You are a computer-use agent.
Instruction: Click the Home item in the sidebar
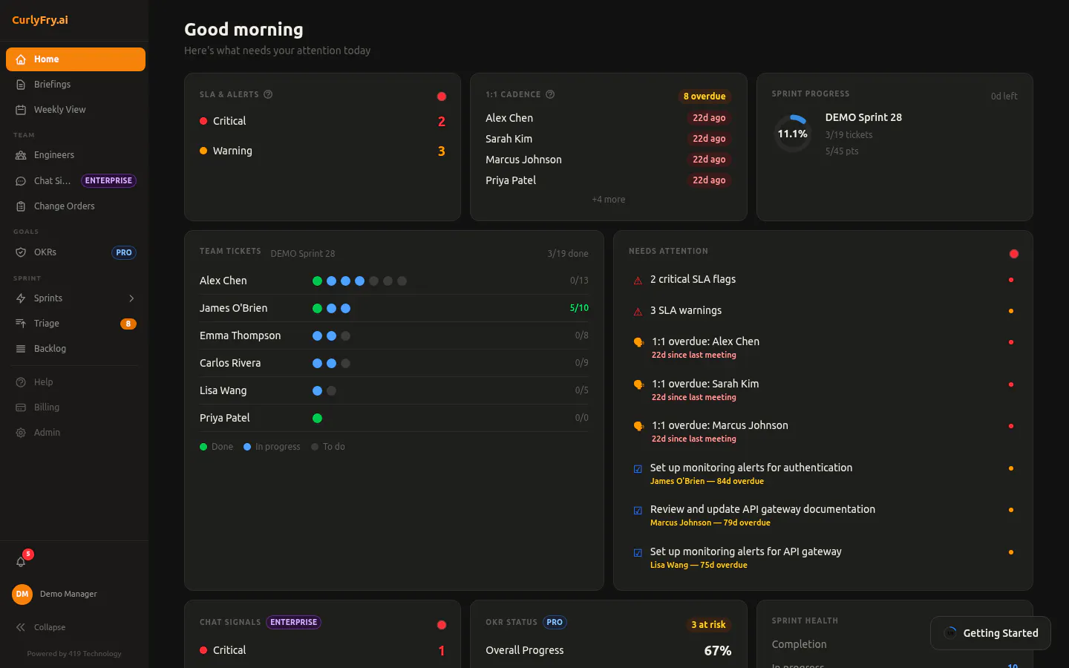76,59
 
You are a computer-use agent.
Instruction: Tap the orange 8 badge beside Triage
128,324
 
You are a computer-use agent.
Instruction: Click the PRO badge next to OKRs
123,252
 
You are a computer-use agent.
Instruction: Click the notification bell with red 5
21,562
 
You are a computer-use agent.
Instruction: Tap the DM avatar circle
22,594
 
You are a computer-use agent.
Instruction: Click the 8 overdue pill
705,96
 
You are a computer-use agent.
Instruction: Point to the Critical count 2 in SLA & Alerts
442,121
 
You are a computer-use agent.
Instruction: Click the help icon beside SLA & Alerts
268,94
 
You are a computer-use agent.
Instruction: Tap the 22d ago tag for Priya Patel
709,180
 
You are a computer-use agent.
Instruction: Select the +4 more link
609,200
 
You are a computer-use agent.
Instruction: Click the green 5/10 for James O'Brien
579,308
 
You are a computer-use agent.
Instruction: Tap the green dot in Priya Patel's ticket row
318,418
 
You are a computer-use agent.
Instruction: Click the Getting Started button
991,633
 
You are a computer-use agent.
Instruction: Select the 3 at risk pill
708,625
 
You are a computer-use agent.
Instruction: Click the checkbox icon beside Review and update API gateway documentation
638,511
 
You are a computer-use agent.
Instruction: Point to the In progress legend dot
247,447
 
